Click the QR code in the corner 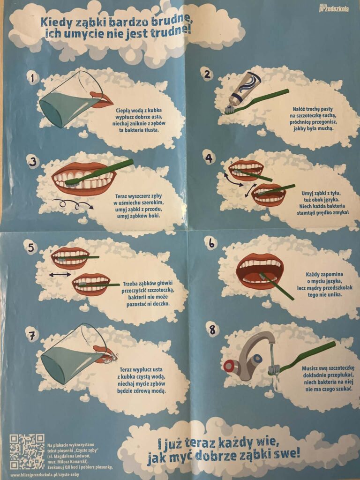[x=27, y=451]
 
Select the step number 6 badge [x=211, y=243]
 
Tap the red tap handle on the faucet [x=229, y=366]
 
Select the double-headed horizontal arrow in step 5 [x=60, y=275]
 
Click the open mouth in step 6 [x=260, y=271]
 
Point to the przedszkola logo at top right [x=333, y=8]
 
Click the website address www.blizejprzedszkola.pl [x=45, y=475]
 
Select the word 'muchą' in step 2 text [x=325, y=128]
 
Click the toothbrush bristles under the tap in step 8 [x=273, y=370]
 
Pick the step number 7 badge [x=31, y=336]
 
